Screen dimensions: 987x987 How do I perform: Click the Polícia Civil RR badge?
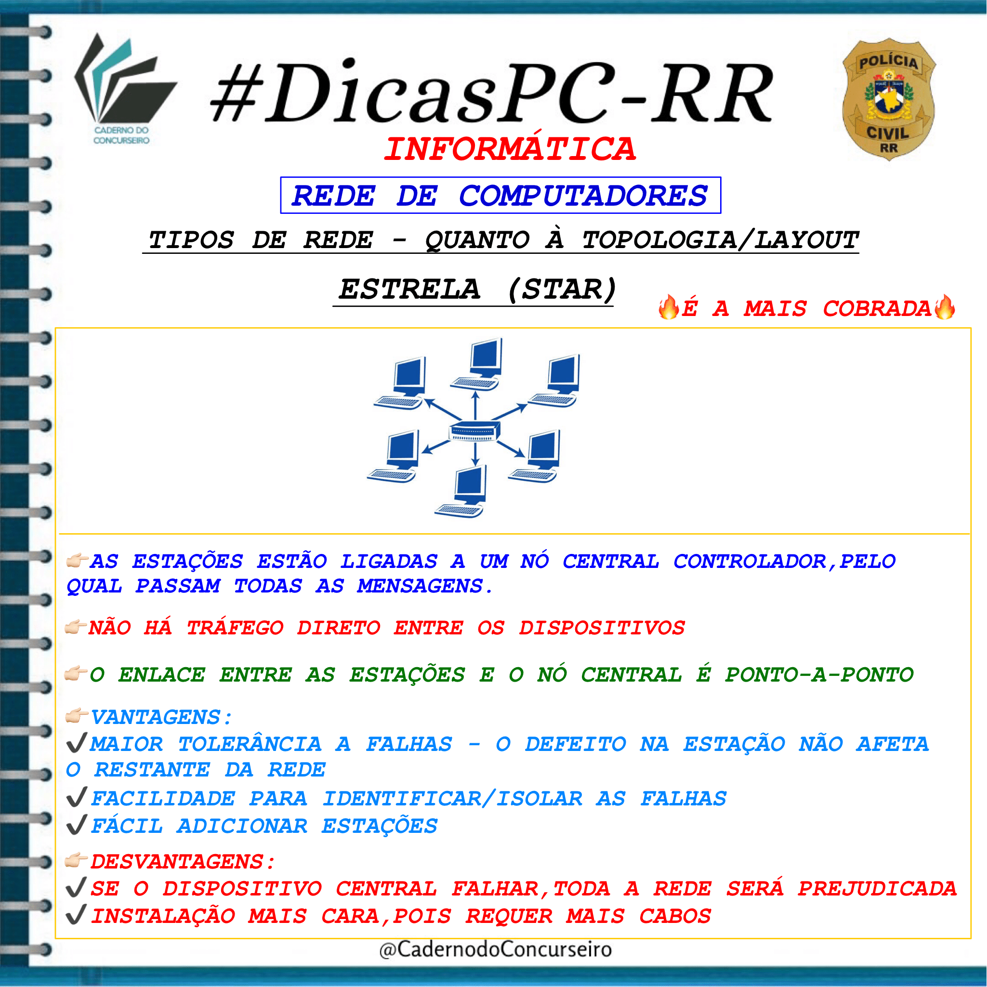pos(889,100)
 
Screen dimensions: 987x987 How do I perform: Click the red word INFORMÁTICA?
pos(510,149)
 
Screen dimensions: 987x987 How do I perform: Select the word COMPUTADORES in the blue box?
pos(583,196)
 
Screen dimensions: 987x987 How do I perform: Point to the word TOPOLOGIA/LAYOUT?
pos(720,240)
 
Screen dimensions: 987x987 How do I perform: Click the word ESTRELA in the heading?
pos(410,289)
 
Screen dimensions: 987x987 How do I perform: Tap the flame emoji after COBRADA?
pos(945,307)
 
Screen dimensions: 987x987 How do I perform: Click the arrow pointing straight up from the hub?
pos(475,406)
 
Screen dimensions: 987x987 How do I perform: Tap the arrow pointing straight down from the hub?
pos(475,454)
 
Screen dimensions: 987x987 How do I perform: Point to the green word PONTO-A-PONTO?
pos(819,675)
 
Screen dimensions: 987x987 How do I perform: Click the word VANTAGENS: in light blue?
pos(161,717)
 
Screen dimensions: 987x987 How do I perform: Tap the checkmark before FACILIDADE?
pos(77,798)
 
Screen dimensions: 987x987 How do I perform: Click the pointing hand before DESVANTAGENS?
pos(77,860)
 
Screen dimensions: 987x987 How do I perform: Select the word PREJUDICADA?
pos(877,888)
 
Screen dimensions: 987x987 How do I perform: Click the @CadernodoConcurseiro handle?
pos(496,949)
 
